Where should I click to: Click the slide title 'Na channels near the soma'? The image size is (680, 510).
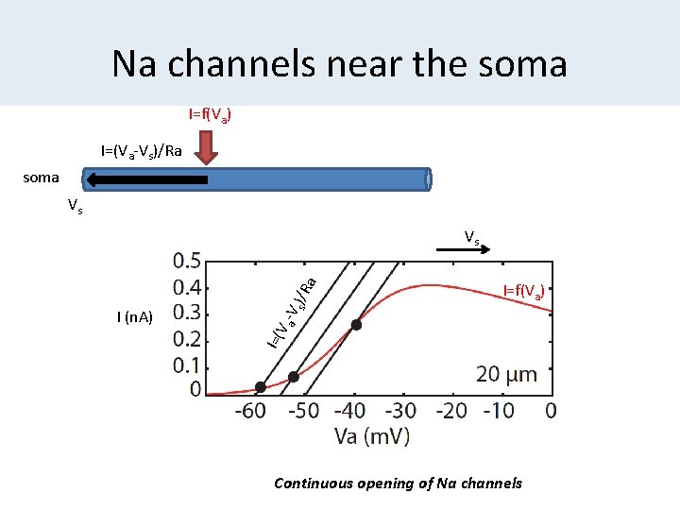point(339,64)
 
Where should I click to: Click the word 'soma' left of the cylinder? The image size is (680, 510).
point(40,177)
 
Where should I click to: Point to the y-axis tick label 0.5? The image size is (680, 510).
point(186,260)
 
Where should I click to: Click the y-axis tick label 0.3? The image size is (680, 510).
point(186,312)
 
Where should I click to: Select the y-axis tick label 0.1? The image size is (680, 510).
point(186,365)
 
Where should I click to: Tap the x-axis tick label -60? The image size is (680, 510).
point(249,412)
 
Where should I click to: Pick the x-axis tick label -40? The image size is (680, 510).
point(351,412)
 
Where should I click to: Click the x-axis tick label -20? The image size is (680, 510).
point(453,412)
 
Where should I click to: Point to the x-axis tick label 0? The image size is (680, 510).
point(550,412)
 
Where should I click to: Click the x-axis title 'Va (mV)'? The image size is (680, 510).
point(372,436)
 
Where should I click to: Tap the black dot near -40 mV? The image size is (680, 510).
point(356,325)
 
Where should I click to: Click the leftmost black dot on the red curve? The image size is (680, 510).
point(261,387)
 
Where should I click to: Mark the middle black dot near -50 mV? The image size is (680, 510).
point(294,377)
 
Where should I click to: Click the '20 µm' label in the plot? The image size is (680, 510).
point(506,375)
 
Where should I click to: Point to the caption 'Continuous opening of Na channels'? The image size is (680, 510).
point(398,484)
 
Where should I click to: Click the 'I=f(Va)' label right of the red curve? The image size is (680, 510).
point(522,291)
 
